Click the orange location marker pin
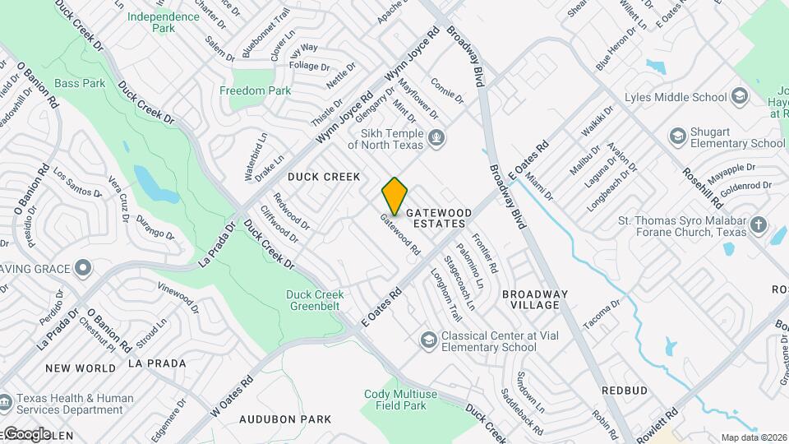tap(395, 196)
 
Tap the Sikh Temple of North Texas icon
tap(437, 137)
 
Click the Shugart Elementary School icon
tap(678, 135)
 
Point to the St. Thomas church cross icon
tap(758, 224)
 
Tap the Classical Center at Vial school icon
tap(428, 339)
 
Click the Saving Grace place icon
tap(83, 268)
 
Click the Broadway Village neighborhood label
tap(535, 299)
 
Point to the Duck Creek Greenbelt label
tap(315, 300)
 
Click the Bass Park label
tap(80, 83)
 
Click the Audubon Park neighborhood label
tap(285, 419)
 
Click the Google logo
tap(26, 433)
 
